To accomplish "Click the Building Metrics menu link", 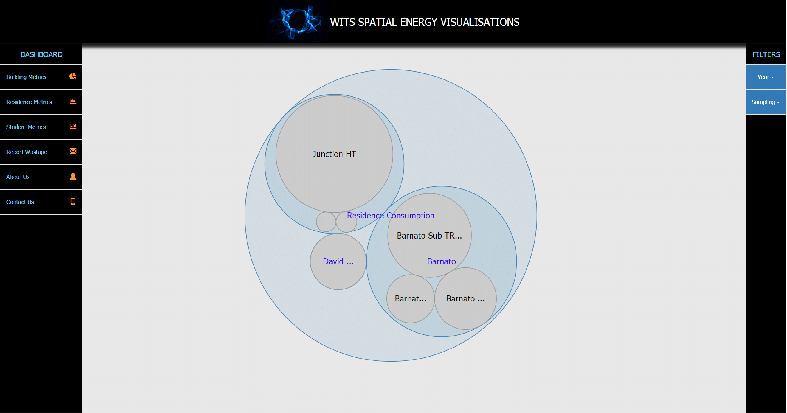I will [x=26, y=77].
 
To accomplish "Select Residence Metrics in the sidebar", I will [x=29, y=102].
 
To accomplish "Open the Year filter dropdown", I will [x=765, y=77].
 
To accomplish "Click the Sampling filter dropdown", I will [x=765, y=102].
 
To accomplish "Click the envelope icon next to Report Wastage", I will [x=73, y=151].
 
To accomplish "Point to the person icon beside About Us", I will [x=73, y=176].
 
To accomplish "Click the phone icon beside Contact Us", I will [x=73, y=201].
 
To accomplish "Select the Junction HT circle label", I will [x=334, y=154].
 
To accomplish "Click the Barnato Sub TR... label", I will [x=429, y=236].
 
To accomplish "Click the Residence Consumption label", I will [x=390, y=216].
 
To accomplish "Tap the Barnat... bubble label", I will [x=410, y=299].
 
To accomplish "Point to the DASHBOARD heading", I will [x=41, y=54].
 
